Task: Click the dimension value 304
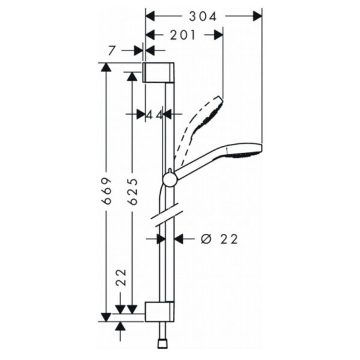point(203,17)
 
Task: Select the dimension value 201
point(182,35)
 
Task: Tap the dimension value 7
point(111,50)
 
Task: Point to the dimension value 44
point(155,115)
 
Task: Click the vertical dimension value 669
point(107,191)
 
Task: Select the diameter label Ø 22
point(219,239)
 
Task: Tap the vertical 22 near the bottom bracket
point(121,277)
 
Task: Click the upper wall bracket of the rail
point(158,72)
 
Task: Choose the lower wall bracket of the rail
point(160,311)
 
